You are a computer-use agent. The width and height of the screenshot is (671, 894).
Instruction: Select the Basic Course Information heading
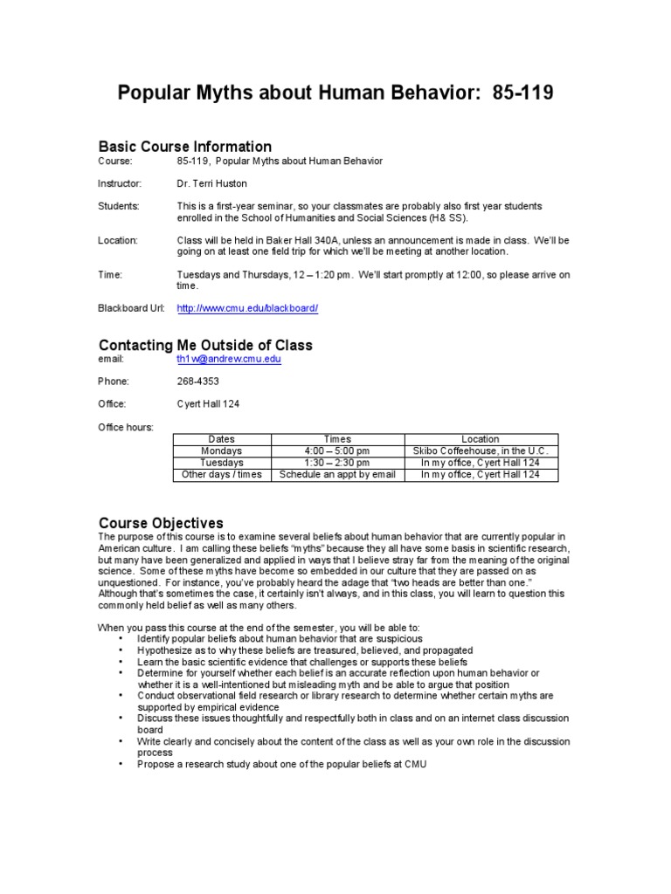tap(184, 146)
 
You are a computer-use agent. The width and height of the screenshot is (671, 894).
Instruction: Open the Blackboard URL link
tap(247, 308)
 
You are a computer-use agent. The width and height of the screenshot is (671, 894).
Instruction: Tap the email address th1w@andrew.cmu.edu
tap(229, 358)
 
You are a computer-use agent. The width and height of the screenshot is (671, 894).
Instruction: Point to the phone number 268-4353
tap(197, 382)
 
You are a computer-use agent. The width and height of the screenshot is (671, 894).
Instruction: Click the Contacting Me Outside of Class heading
tap(205, 345)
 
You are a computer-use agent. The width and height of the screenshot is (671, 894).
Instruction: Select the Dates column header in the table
tap(222, 439)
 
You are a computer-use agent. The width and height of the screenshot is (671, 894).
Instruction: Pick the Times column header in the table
tap(337, 439)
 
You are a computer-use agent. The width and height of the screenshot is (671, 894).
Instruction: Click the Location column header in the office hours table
tap(480, 439)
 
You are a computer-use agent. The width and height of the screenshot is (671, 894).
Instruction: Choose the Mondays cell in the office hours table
tap(222, 450)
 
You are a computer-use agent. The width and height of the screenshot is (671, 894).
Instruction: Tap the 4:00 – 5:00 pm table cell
tap(337, 450)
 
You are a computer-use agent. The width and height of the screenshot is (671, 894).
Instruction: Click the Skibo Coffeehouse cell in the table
tap(480, 450)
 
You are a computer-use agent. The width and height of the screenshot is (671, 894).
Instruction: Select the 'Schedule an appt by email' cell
tap(337, 474)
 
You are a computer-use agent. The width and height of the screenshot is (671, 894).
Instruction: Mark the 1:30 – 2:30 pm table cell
tap(337, 463)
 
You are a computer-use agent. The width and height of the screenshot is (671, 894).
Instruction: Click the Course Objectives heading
tap(161, 522)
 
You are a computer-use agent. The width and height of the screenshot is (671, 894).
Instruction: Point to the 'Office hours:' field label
tap(126, 427)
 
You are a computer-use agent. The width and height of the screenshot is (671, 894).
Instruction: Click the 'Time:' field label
tap(110, 274)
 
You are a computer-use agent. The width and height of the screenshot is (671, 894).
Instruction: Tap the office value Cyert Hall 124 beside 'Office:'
tap(208, 404)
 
